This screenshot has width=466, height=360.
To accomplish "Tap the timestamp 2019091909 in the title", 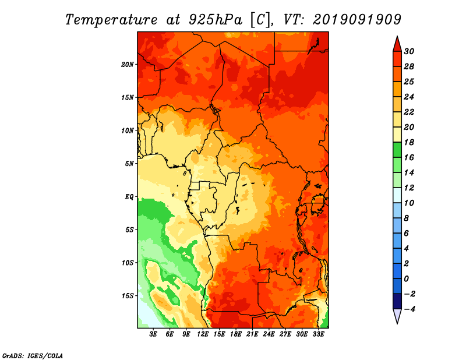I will (x=357, y=19).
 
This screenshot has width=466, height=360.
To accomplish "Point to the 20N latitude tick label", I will (x=128, y=64).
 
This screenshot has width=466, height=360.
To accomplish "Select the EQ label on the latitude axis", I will (x=129, y=196).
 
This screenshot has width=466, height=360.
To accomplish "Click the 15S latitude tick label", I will (x=128, y=295).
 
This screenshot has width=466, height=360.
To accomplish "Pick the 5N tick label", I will (x=129, y=163).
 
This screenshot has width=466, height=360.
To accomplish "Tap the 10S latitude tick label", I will (x=128, y=262).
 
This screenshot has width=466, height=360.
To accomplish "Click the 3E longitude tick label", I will (x=154, y=334).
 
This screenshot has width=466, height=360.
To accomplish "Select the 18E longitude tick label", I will (x=236, y=334).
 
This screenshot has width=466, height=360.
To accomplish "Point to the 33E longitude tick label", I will (x=318, y=334).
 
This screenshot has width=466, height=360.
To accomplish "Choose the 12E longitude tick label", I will (x=203, y=334).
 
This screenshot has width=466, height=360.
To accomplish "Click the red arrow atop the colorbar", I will (x=397, y=44).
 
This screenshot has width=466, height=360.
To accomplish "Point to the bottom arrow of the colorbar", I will (x=397, y=316).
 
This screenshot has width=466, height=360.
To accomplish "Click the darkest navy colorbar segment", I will (x=397, y=301).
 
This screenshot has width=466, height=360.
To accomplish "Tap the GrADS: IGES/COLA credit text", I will (x=32, y=355).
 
